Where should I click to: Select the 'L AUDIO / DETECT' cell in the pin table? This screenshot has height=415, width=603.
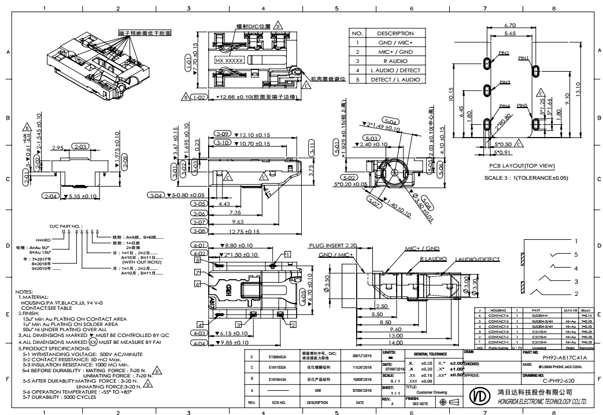[395, 69]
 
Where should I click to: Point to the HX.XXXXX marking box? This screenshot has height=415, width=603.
[230, 60]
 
